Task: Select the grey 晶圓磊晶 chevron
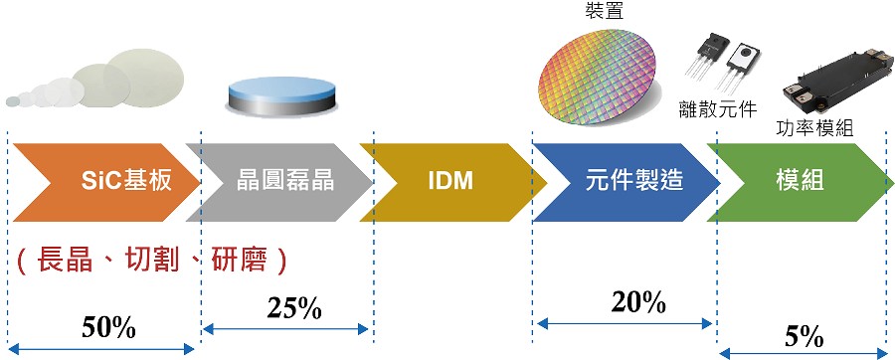(x=280, y=182)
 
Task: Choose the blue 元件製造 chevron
(x=626, y=182)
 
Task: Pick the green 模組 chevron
(x=801, y=182)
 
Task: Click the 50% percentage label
(x=108, y=328)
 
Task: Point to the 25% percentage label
(x=294, y=308)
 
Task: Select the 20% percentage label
(x=638, y=302)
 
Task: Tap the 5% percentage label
(x=804, y=337)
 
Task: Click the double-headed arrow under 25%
(x=285, y=328)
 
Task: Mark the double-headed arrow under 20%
(x=626, y=324)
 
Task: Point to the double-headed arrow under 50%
(x=101, y=349)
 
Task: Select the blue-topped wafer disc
(x=281, y=95)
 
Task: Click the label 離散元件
(x=717, y=107)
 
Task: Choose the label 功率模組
(x=814, y=128)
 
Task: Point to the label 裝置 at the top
(x=605, y=10)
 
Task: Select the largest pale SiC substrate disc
(x=144, y=78)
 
